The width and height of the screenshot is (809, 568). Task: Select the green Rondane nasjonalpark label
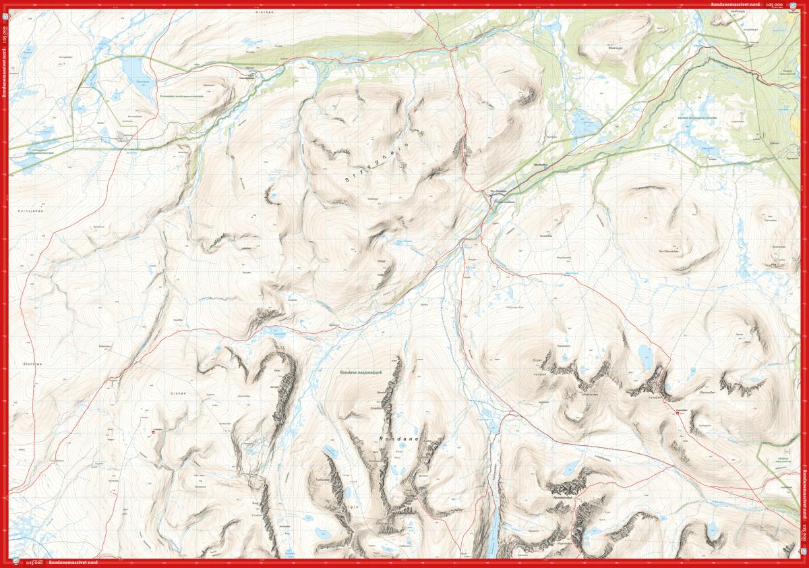pyautogui.click(x=363, y=372)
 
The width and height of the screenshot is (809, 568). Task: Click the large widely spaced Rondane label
pyautogui.click(x=399, y=440)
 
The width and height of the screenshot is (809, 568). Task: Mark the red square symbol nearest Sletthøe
pyautogui.click(x=152, y=432)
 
